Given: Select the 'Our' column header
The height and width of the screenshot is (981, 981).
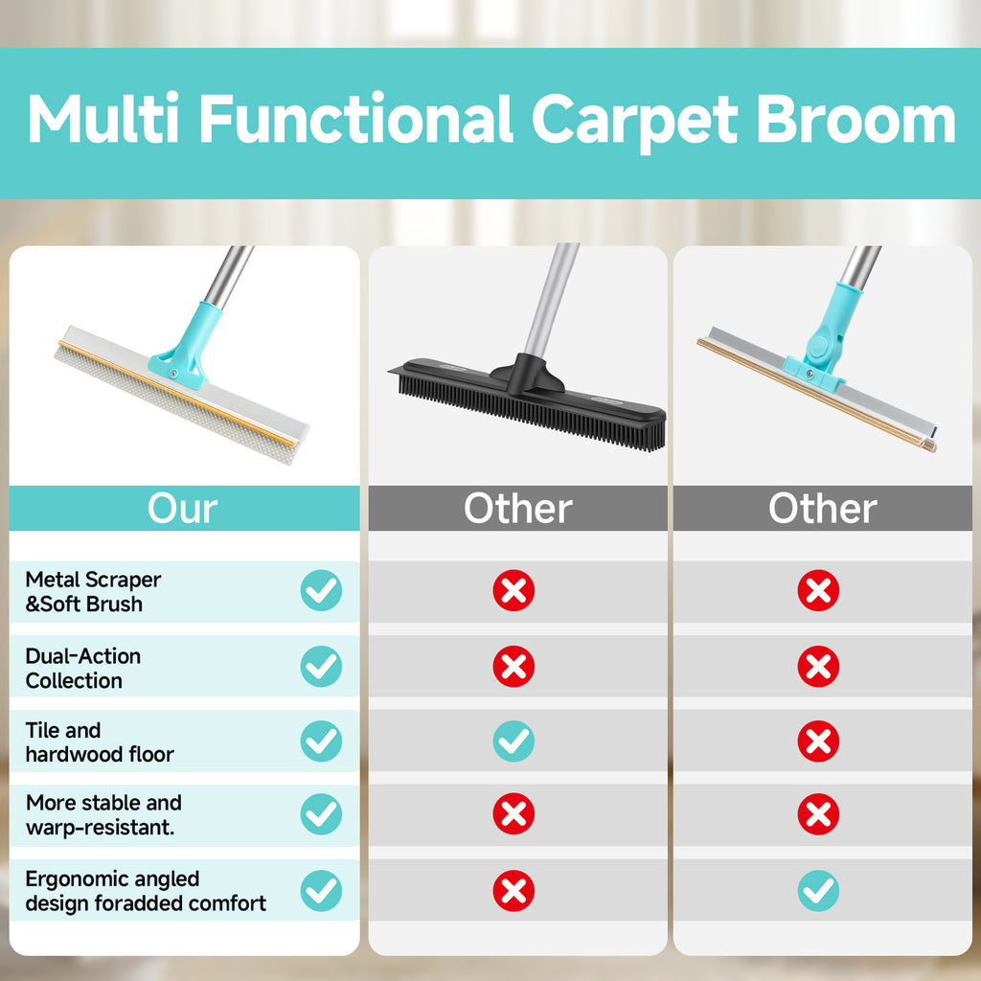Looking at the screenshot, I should (x=183, y=509).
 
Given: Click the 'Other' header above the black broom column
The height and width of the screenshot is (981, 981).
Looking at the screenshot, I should (x=517, y=509).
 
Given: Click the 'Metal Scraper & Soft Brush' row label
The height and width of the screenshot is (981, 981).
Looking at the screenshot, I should (x=93, y=592).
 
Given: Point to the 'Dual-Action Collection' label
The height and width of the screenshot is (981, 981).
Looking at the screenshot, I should (x=83, y=668).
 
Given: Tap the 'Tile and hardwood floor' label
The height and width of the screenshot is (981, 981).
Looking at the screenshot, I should (x=100, y=742).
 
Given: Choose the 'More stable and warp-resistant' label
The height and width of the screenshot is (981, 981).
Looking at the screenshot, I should (x=103, y=814).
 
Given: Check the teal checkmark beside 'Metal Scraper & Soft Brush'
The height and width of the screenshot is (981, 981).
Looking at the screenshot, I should (x=321, y=591).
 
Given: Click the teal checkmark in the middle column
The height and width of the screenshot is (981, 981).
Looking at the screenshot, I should (x=513, y=741).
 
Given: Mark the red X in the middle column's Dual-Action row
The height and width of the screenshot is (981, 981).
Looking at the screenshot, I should (x=513, y=667).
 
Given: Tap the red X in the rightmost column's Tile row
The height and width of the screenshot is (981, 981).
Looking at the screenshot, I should (x=818, y=741).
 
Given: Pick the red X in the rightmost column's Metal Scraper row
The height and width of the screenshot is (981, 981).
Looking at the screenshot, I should (x=818, y=591).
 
